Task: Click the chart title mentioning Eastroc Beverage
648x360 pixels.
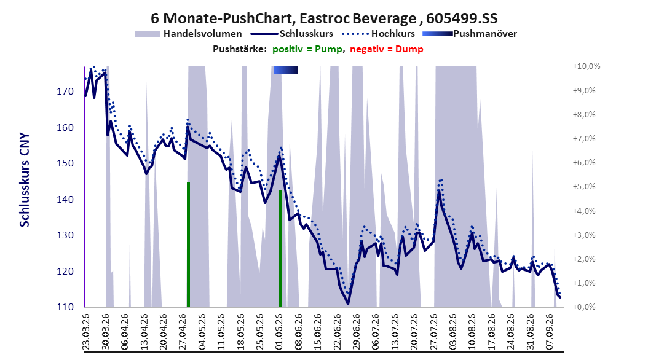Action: coord(324,18)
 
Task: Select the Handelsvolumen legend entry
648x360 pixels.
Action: coord(189,34)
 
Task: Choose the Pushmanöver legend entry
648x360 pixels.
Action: coord(470,34)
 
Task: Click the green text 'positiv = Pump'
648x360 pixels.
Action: coord(307,49)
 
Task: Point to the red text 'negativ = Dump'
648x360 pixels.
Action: coord(387,49)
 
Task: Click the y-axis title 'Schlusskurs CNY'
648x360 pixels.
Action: coord(25,180)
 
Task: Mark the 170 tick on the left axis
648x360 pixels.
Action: coord(65,92)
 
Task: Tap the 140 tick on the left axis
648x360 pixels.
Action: coord(65,200)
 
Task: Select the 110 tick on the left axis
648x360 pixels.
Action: coord(65,307)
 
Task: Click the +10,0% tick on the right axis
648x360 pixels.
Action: coord(587,66)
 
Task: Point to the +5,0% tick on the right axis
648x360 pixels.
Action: coord(584,187)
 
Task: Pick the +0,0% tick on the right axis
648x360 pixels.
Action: coord(584,307)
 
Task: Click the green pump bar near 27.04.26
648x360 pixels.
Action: coord(189,245)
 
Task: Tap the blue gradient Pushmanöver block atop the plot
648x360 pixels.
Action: coord(285,70)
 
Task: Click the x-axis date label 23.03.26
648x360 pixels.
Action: coord(86,332)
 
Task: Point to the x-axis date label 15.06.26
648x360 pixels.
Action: coord(317,332)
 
